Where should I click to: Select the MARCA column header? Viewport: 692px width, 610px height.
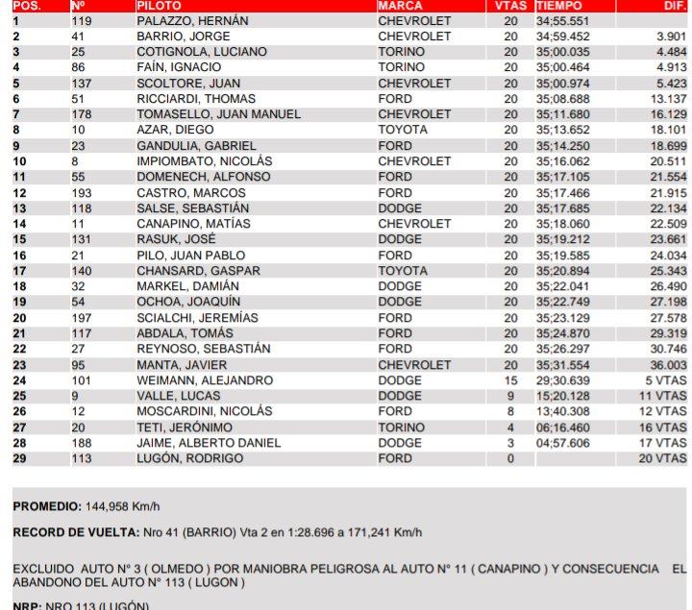[401, 6]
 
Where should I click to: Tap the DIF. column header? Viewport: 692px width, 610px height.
[673, 6]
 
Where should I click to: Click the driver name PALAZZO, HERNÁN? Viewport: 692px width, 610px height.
[192, 20]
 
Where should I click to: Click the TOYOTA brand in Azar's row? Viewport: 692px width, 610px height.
[402, 130]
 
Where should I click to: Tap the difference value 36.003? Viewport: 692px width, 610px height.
[668, 365]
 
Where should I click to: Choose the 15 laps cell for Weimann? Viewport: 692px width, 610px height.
[510, 380]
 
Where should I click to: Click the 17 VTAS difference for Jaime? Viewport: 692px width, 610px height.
[662, 443]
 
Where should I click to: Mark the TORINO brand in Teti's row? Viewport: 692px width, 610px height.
[402, 427]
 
